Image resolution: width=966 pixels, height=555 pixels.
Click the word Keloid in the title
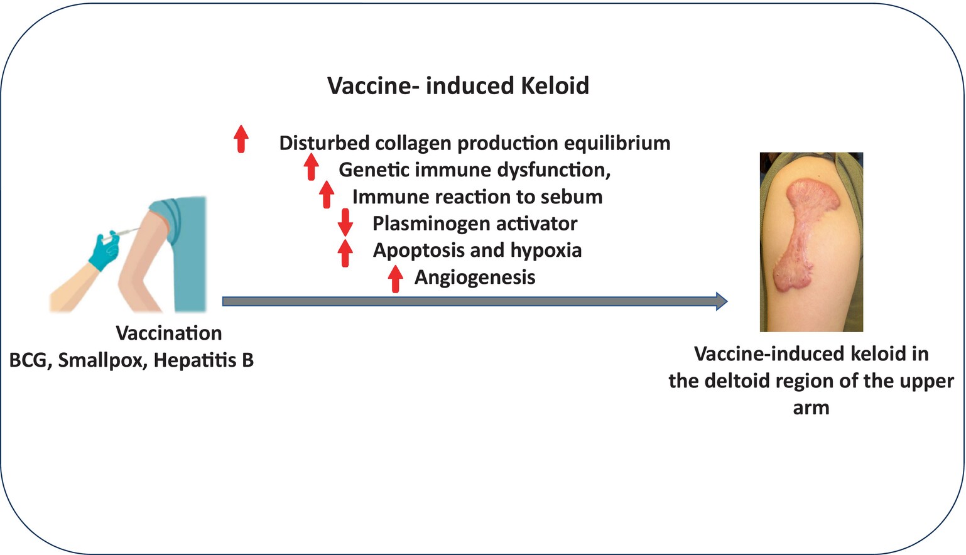coord(555,85)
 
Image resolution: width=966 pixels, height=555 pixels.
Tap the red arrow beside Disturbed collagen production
coord(241,139)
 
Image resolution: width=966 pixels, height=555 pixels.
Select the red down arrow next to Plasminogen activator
coord(345,222)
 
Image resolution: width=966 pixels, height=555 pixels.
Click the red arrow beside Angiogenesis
coord(395,279)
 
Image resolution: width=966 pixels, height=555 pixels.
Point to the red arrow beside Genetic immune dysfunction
coord(311,167)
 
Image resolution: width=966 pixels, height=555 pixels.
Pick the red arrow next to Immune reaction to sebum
coord(327,195)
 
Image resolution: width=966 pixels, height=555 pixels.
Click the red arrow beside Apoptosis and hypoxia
coord(345,254)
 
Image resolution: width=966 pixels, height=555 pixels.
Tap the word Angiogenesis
coord(475,277)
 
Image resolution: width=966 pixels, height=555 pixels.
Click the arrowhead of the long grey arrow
coord(722,301)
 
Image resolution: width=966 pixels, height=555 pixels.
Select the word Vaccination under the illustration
coord(169,333)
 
